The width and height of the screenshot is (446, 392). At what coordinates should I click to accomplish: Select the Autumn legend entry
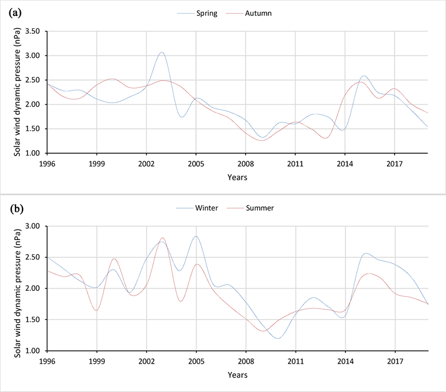tap(258, 13)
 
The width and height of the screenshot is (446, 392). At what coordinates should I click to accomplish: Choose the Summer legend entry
tap(260, 208)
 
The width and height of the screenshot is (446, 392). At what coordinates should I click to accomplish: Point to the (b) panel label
tap(15, 208)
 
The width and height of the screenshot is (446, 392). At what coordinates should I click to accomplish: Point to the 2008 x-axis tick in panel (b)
tap(246, 359)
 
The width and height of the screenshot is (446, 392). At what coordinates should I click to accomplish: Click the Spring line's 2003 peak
tap(161, 52)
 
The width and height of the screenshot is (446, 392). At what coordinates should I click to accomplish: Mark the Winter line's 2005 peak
tap(196, 237)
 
